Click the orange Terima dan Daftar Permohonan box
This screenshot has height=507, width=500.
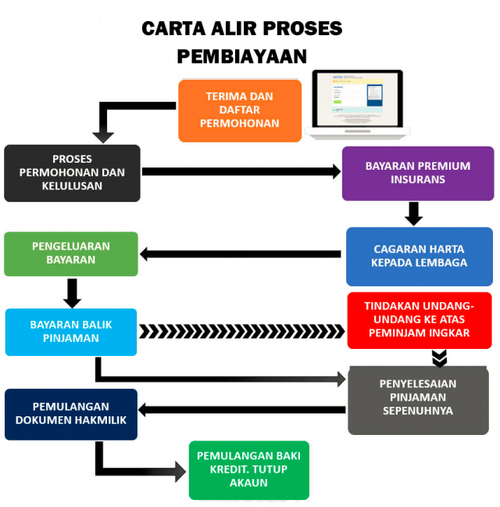click(x=240, y=110)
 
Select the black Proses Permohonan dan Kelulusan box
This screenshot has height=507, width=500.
click(x=72, y=173)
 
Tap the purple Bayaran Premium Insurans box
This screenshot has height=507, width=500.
click(x=418, y=173)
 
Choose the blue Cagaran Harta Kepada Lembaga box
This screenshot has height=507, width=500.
click(x=420, y=256)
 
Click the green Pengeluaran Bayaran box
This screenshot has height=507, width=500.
click(x=71, y=253)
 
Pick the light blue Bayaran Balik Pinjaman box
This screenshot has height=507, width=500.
click(x=71, y=332)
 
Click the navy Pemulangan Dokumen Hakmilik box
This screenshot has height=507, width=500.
click(x=71, y=414)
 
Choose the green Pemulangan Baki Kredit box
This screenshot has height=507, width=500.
click(x=248, y=469)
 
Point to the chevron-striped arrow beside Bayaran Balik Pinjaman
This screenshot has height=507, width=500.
click(x=242, y=332)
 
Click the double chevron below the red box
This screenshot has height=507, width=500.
click(x=440, y=358)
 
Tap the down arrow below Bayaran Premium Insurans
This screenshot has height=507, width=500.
click(x=414, y=214)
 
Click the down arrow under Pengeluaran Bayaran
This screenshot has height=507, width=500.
click(x=73, y=293)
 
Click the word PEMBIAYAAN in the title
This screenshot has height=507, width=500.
click(x=241, y=56)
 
